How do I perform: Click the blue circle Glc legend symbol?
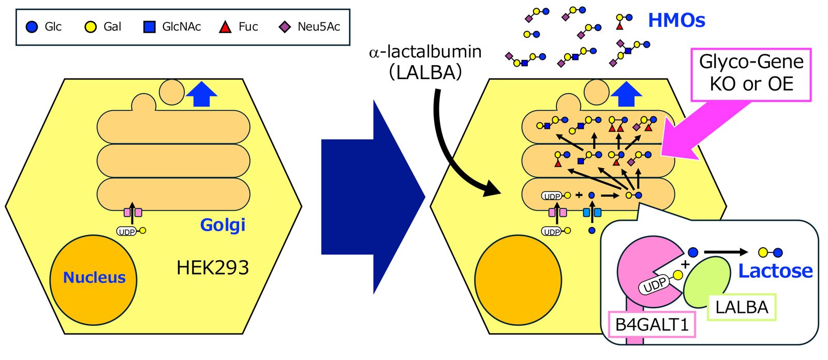coord(32,27)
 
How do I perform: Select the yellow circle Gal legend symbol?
coord(91,27)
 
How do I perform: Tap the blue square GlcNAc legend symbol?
coord(149,27)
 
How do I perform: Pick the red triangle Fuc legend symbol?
coord(225,27)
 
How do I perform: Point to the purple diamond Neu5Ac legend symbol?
coord(285,27)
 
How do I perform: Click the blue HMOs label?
coord(676,20)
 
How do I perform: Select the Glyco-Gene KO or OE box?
coord(751,74)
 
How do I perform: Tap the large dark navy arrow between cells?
coord(373,197)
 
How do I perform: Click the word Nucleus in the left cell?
coord(94,278)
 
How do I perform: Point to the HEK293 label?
coord(213,267)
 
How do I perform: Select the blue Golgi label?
coord(223,224)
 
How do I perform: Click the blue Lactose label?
coord(775,271)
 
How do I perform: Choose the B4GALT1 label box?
coord(652,324)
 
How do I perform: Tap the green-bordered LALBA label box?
coord(742,307)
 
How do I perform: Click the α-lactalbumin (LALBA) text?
coord(425,62)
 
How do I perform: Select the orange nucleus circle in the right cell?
coord(518,280)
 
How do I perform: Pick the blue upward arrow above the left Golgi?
coord(201,94)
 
